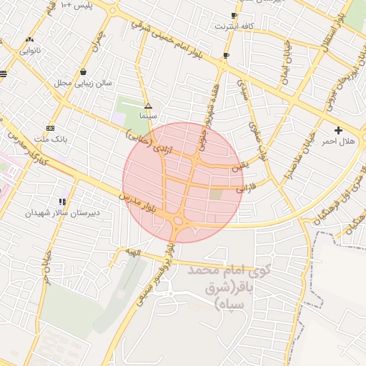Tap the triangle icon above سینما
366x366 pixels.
pyautogui.click(x=149, y=105)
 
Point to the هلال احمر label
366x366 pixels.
pyautogui.click(x=337, y=141)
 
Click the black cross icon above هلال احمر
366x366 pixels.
pyautogui.click(x=338, y=130)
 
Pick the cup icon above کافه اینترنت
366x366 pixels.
pyautogui.click(x=234, y=16)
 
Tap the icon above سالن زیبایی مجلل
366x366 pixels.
pyautogui.click(x=84, y=71)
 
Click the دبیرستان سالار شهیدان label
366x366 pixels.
pyautogui.click(x=64, y=213)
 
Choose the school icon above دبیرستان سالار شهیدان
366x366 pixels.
pyautogui.click(x=63, y=202)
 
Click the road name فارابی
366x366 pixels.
pyautogui.click(x=245, y=189)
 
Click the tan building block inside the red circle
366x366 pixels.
pyautogui.click(x=216, y=194)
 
